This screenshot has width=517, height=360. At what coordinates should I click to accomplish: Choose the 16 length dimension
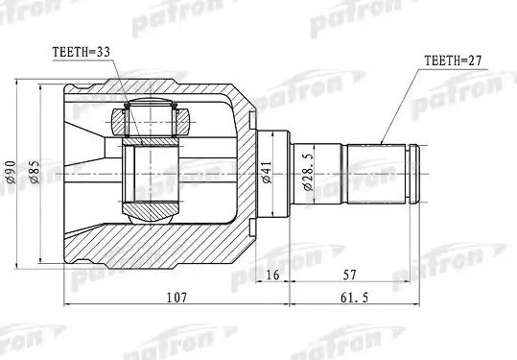[x=272, y=276]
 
